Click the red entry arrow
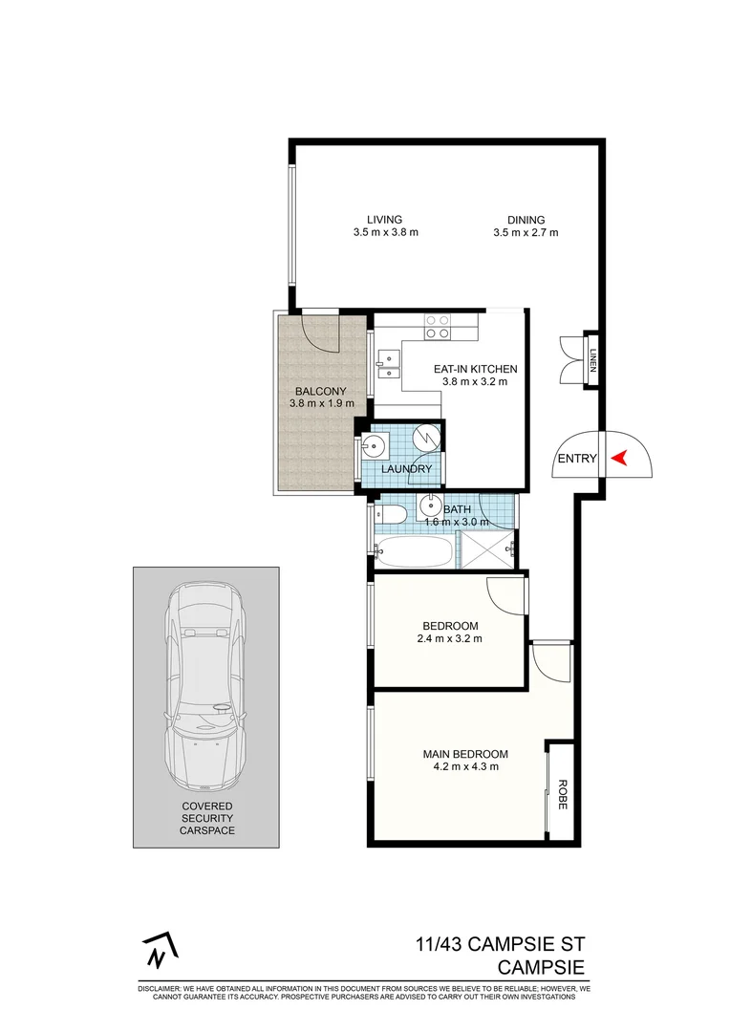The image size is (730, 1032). pos(618,459)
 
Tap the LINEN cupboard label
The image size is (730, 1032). pos(592,359)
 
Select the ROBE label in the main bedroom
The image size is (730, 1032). pos(563,794)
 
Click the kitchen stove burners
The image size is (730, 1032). pos(438,327)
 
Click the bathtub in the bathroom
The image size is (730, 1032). pos(413,551)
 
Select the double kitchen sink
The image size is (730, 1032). pos(388,360)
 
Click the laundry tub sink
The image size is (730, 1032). pos(374,445)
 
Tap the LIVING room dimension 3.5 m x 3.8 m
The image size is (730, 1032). pos(385,232)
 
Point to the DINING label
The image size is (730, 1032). pos(526,219)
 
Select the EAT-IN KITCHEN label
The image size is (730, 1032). pos(475,369)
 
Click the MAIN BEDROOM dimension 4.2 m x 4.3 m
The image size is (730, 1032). pos(465,766)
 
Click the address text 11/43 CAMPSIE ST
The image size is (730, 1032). pos(500,945)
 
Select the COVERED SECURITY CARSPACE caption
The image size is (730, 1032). pos(207,818)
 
